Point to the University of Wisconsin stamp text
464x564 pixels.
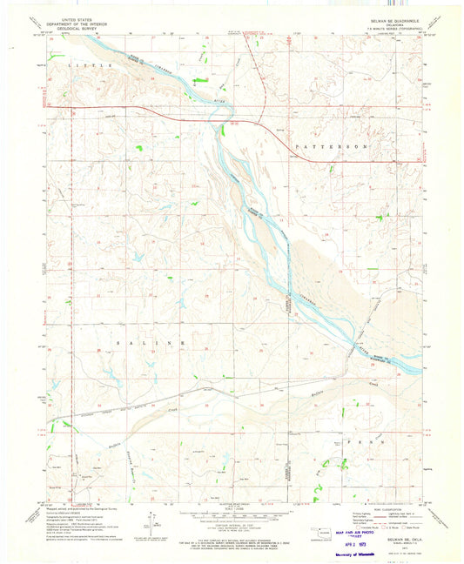coord(339,553)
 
